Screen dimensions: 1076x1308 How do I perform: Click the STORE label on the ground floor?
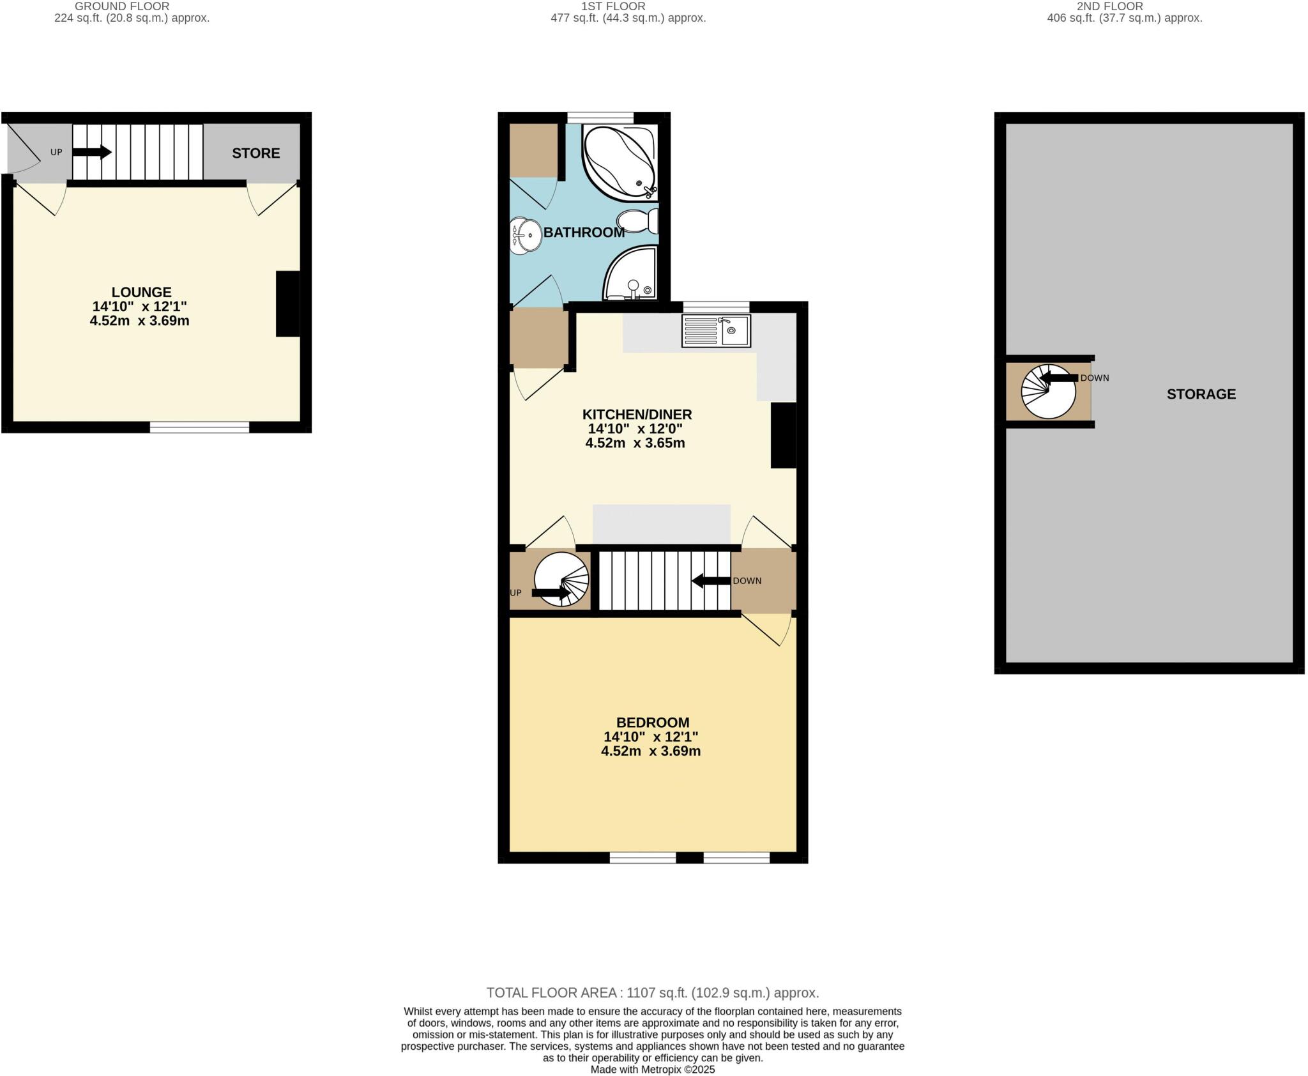[255, 153]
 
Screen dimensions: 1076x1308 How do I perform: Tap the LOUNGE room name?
[141, 293]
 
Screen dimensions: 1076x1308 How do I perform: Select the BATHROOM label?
[584, 233]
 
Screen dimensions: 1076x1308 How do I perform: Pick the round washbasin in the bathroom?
[526, 236]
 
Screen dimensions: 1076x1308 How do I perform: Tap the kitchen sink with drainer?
[716, 331]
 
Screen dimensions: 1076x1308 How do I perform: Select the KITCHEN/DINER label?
[637, 415]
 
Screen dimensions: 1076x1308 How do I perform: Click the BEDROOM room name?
[653, 723]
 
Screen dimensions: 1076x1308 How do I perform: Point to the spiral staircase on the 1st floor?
[561, 580]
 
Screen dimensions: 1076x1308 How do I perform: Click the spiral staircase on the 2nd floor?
[1048, 391]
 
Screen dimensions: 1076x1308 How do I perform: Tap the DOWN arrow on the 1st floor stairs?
[711, 581]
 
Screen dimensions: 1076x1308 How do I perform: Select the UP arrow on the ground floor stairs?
[92, 153]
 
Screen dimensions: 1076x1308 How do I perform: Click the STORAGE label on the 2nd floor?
[1201, 394]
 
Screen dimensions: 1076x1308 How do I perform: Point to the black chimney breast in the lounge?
[287, 304]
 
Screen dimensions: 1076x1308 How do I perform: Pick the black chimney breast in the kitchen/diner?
[783, 435]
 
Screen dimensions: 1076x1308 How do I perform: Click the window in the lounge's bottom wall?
[199, 427]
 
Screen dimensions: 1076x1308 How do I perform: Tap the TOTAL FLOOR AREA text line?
[652, 993]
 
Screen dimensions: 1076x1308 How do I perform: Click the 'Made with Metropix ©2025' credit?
[652, 1070]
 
